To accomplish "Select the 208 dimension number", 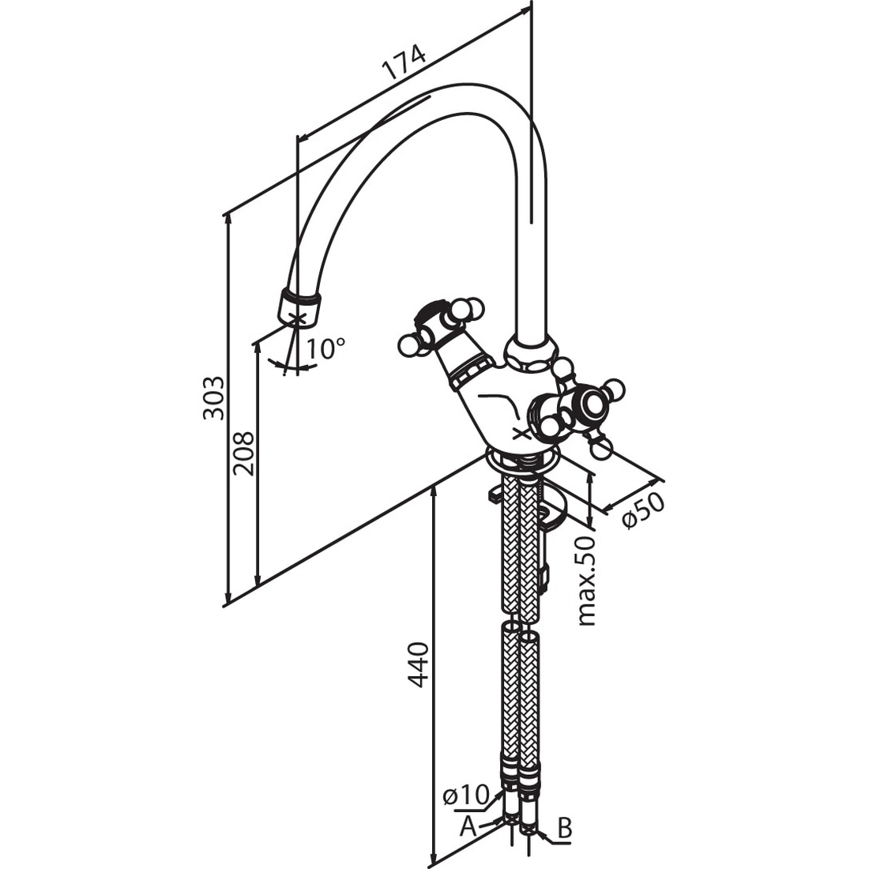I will point(244,453).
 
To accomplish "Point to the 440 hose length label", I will point(418,664).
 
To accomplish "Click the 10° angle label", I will point(326,348).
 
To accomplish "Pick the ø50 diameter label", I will point(643,510).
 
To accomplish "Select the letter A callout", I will point(468,827).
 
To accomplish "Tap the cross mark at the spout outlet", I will point(298,319).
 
